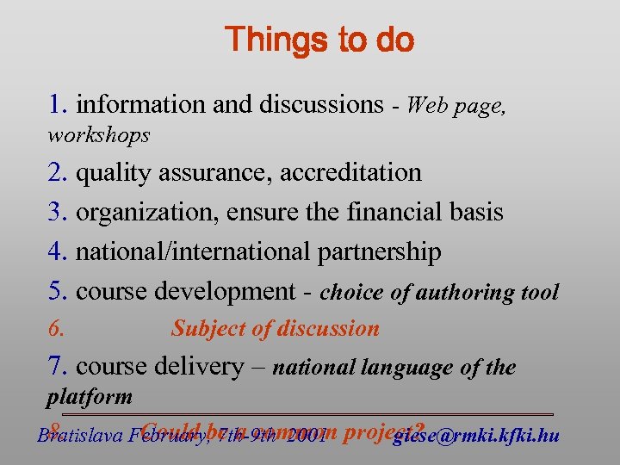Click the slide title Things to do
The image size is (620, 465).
(x=319, y=40)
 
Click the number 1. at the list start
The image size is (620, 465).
(x=59, y=105)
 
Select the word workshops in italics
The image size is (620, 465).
(x=98, y=135)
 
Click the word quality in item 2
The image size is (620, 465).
(x=106, y=173)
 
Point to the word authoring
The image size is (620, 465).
(x=459, y=293)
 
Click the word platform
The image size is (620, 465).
(x=90, y=397)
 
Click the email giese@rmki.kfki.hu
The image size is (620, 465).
(x=476, y=436)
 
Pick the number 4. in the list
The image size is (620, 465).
(x=59, y=252)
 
